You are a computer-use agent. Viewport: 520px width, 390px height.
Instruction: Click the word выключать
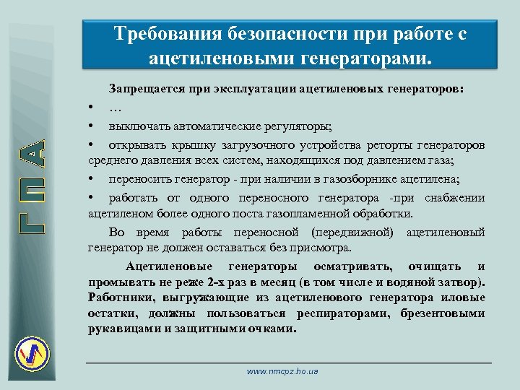pyautogui.click(x=137, y=125)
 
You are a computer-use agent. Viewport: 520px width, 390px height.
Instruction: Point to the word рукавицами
pyautogui.click(x=121, y=329)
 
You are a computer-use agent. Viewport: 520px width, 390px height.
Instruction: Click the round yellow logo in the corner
pyautogui.click(x=33, y=353)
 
